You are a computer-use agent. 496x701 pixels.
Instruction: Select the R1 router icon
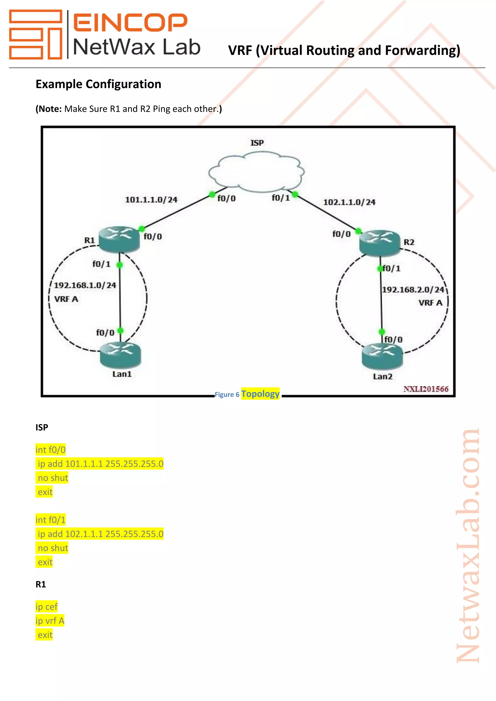coord(119,239)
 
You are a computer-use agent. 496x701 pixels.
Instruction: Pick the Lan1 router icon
coord(120,355)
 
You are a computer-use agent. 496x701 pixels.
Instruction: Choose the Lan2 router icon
coord(382,356)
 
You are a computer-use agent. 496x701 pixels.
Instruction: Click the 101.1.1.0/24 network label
coord(151,200)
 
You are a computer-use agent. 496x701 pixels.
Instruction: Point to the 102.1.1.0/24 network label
coord(349,202)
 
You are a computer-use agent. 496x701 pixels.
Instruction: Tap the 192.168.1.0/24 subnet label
coord(85,285)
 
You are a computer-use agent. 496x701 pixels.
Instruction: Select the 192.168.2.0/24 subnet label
coord(413,290)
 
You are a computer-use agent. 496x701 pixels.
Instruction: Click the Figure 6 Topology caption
coord(247,394)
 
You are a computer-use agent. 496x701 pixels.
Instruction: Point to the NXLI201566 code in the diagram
coord(426,389)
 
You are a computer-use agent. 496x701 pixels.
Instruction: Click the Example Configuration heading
coord(98,84)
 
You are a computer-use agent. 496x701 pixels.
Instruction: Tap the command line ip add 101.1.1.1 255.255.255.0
coord(100,464)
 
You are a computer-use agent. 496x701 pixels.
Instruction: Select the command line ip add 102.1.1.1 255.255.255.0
coord(100,534)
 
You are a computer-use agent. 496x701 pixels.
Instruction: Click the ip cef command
coord(46,607)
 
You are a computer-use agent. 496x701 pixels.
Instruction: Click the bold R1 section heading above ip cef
coord(41,584)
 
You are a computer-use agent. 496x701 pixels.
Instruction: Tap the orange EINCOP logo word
coord(130,22)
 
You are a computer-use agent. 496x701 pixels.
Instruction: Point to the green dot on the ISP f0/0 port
coord(212,194)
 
